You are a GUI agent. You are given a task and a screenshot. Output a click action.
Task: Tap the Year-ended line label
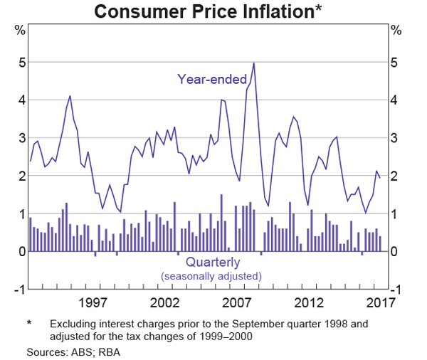click(x=212, y=79)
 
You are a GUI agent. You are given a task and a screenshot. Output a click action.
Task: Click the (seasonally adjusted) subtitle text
click(x=211, y=275)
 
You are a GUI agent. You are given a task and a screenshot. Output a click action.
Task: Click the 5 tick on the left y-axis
click(x=22, y=63)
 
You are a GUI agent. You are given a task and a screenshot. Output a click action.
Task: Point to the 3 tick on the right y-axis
click(x=396, y=138)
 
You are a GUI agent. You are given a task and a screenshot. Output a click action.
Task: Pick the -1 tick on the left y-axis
click(x=20, y=289)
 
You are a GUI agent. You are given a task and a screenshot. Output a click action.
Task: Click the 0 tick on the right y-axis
click(x=396, y=251)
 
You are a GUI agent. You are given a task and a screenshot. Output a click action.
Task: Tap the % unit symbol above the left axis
click(x=21, y=31)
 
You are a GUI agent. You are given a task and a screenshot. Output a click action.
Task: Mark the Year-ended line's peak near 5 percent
click(x=254, y=63)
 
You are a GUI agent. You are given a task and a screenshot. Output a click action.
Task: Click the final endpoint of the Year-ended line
click(x=380, y=178)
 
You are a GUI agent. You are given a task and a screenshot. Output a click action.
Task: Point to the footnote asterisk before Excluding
click(x=30, y=324)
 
